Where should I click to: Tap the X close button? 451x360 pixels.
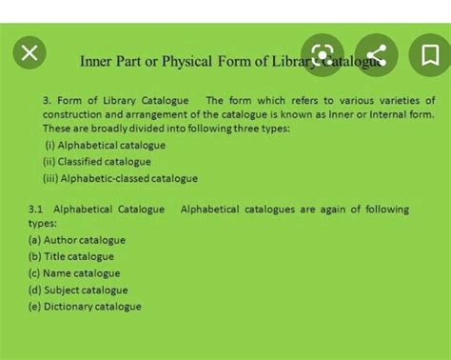pos(29,53)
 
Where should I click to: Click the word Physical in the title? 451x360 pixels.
pos(186,62)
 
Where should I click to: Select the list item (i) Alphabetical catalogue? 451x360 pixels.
pos(105,146)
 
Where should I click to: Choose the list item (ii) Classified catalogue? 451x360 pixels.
pos(97,162)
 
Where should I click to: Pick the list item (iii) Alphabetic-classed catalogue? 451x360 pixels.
pos(120,178)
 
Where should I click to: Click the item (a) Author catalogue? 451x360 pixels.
pos(77,240)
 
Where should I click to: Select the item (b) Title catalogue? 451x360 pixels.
pos(71,256)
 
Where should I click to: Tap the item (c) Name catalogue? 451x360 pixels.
pos(74,273)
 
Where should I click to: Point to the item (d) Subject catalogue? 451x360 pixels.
pos(78,290)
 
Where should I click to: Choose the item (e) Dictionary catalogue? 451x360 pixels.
pos(85,307)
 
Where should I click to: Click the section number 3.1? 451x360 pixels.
pos(36,210)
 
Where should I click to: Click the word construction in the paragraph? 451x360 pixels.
pos(71,114)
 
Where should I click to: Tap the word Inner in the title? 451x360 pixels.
pos(96,62)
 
